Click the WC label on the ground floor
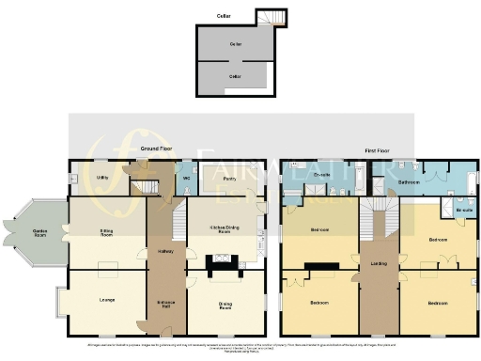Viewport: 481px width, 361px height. [x=187, y=177]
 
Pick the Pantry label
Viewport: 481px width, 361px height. [x=228, y=177]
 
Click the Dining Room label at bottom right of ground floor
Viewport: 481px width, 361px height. [x=227, y=303]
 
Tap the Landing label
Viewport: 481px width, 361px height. [x=379, y=263]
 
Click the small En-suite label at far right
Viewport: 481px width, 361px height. [x=462, y=211]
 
